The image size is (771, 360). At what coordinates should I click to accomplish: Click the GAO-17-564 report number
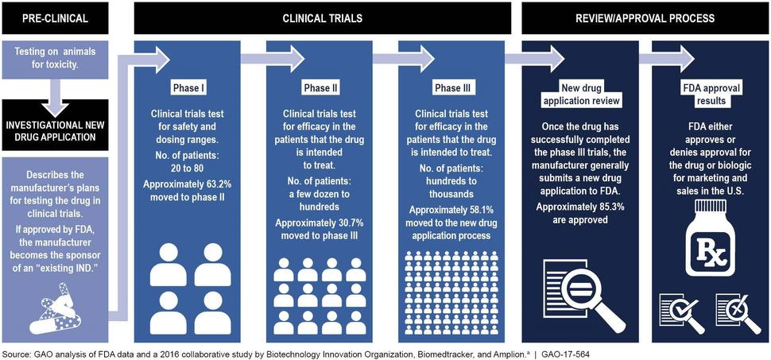[568, 350]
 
